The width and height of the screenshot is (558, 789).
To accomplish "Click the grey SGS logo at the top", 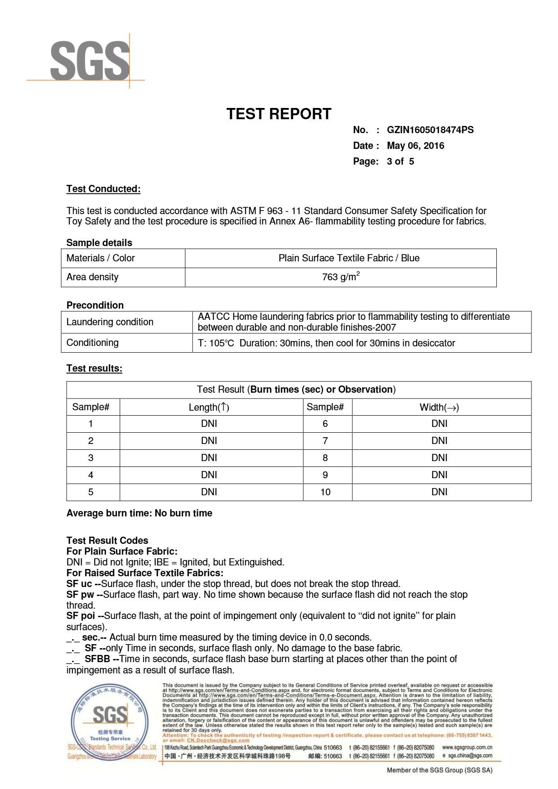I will point(90,61).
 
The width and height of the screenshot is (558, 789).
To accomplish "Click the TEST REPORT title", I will point(279,114).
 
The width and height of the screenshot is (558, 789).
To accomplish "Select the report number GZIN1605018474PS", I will point(430,130).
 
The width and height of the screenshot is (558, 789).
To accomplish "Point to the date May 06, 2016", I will point(415,146).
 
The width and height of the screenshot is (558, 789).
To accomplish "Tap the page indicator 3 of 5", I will point(400,161).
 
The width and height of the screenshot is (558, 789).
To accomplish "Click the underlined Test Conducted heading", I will point(103,189).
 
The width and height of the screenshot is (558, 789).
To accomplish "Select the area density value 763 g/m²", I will point(341,277).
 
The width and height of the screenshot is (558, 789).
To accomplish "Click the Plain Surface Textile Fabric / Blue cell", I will point(349,258).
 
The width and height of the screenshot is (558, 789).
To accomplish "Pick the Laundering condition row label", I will point(110,322).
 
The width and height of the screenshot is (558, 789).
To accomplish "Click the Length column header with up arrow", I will point(209,408).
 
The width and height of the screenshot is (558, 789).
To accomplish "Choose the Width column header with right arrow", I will point(439,408).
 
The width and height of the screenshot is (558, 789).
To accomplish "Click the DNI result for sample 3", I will point(209,458).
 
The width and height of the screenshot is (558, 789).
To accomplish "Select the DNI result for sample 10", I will point(439,492).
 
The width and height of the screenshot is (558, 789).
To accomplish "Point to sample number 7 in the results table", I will point(325,441).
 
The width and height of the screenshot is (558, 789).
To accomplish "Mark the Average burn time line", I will point(139,513).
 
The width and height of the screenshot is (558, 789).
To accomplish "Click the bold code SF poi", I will point(81,616).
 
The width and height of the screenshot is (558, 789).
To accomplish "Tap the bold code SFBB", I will point(97,659).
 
